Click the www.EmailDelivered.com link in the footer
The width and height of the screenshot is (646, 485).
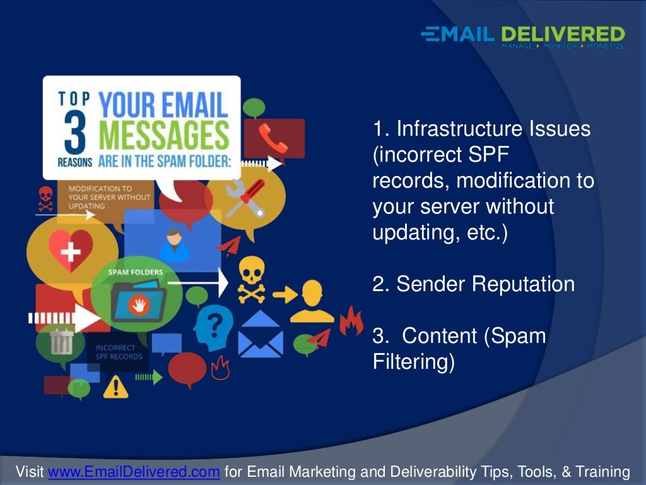point(134,472)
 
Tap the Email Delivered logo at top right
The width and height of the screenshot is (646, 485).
point(522,37)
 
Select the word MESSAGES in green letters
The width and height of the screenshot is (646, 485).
point(164,135)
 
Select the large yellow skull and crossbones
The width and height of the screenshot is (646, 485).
point(251,281)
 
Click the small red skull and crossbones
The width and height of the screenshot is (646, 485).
point(45,199)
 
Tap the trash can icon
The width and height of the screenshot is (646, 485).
point(61,341)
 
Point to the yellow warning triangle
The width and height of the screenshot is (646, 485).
point(115,386)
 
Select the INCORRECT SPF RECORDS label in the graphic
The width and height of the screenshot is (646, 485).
point(115,352)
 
